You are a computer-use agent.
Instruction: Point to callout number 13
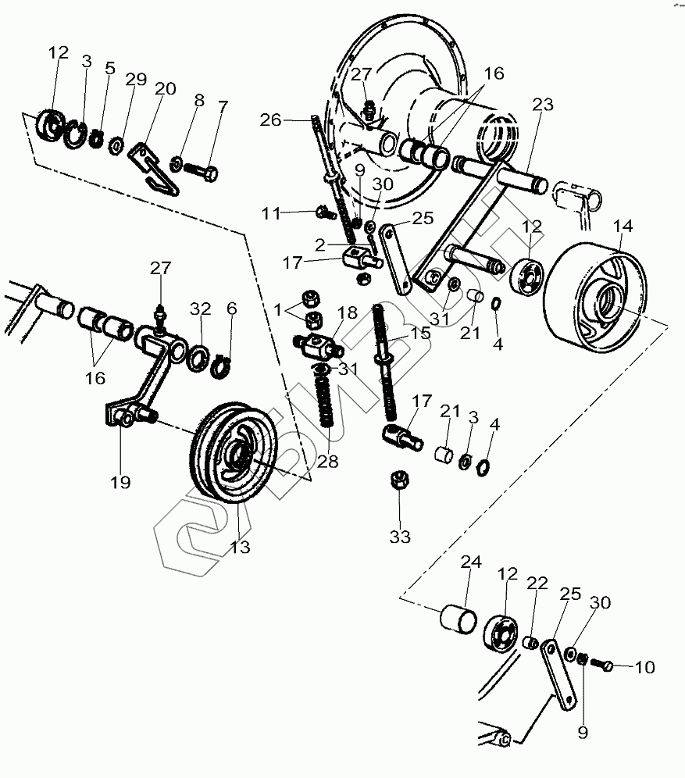click(x=240, y=547)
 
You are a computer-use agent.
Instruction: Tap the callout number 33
click(x=400, y=537)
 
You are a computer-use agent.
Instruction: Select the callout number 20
click(x=165, y=88)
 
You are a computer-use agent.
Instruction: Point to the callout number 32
click(x=201, y=309)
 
